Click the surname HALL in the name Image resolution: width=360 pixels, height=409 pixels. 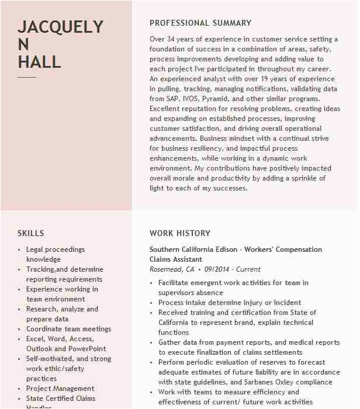coord(39,61)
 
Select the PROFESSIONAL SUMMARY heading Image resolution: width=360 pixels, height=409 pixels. coord(200,23)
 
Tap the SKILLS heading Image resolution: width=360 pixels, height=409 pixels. coord(30,233)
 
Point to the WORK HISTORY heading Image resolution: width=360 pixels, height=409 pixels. coord(179,233)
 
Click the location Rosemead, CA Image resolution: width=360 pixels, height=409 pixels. coord(172,269)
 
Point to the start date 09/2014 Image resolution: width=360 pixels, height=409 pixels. coord(216,269)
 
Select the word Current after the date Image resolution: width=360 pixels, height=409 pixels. coord(249,269)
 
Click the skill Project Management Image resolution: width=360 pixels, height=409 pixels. coord(60,389)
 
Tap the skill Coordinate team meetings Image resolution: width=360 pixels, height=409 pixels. coord(68,329)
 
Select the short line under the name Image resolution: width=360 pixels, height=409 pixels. coord(26,77)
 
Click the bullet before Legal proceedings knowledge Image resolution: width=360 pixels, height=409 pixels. coord(20,250)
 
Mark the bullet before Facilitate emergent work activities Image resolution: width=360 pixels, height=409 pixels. coord(152,283)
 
